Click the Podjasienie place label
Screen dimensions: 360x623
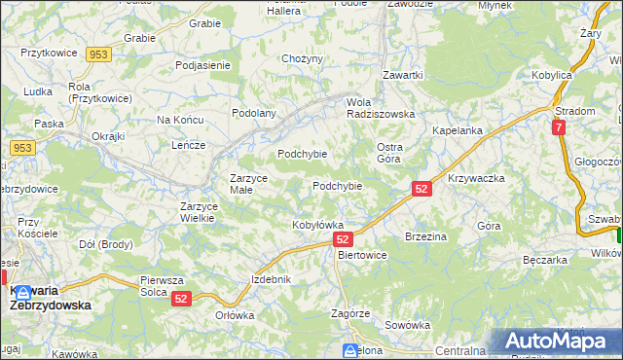click(202, 65)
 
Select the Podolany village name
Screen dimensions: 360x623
click(254, 113)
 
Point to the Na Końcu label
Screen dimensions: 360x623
click(179, 120)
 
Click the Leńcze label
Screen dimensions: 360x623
click(188, 145)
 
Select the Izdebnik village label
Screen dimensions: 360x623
click(272, 279)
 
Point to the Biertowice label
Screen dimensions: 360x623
click(361, 255)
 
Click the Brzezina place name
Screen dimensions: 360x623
click(425, 236)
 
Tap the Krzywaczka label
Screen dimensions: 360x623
click(476, 179)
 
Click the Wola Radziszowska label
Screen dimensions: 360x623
click(382, 107)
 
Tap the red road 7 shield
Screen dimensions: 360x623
click(558, 127)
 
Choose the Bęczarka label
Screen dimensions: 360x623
click(545, 261)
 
